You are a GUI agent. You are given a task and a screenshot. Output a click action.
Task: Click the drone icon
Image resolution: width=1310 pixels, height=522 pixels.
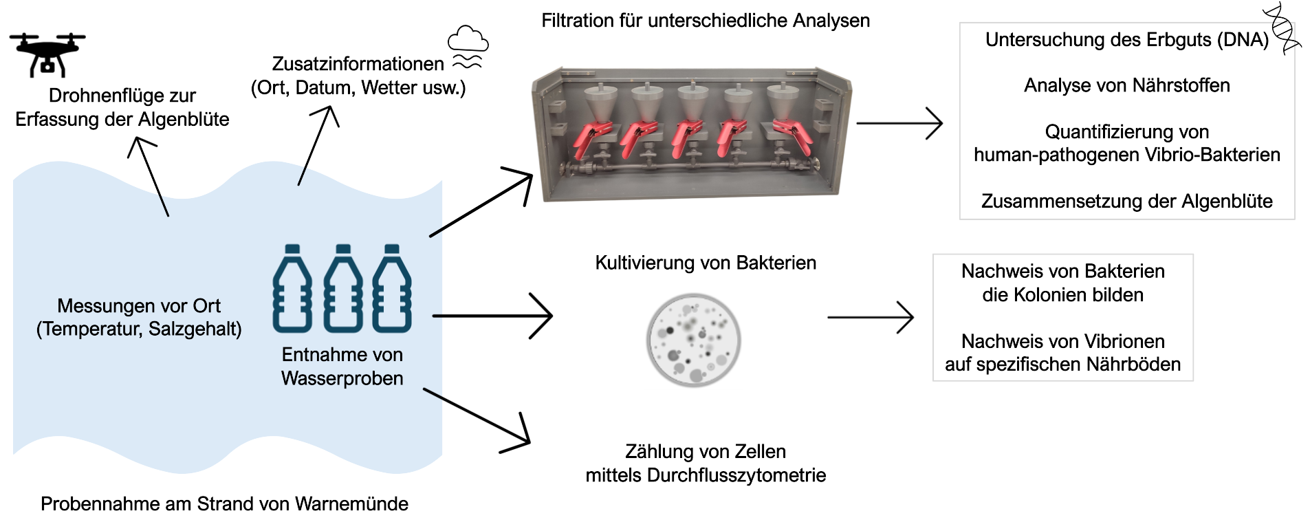[47, 54]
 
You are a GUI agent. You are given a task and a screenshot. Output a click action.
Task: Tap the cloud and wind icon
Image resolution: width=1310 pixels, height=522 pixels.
[468, 47]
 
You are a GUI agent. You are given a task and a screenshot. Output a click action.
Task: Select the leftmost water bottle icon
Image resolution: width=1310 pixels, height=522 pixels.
[292, 289]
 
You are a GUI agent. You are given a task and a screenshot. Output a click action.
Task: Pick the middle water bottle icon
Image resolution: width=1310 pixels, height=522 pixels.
[343, 289]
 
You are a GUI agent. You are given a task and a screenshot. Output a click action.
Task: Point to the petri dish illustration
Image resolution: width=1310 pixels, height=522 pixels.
[694, 340]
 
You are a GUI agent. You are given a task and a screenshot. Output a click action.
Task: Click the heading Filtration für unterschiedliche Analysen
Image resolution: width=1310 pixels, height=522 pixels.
[705, 21]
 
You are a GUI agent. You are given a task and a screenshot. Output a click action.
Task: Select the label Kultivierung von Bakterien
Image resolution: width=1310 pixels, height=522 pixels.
[706, 263]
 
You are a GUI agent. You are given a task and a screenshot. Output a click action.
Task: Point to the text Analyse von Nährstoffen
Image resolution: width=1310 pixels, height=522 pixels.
[1126, 85]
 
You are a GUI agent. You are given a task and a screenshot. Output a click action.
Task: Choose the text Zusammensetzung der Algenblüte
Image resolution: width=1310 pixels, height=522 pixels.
[1126, 201]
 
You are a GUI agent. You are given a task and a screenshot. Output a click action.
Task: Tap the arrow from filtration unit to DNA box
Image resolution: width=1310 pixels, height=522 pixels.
[899, 124]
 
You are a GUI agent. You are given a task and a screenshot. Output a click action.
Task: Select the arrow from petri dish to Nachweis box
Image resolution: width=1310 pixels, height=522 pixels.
[870, 317]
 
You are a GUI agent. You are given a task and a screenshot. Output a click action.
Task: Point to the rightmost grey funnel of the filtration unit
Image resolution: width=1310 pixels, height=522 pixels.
[782, 101]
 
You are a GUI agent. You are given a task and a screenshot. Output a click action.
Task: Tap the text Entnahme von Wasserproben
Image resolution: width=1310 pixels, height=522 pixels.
[342, 367]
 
